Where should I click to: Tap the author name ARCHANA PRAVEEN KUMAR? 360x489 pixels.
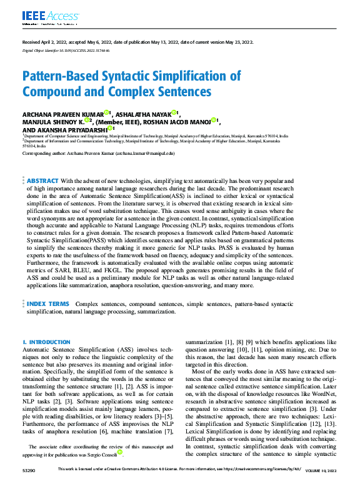click(62, 114)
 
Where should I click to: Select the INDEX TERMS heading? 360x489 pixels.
click(48, 303)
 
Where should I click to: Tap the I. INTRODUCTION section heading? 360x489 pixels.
click(46, 342)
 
